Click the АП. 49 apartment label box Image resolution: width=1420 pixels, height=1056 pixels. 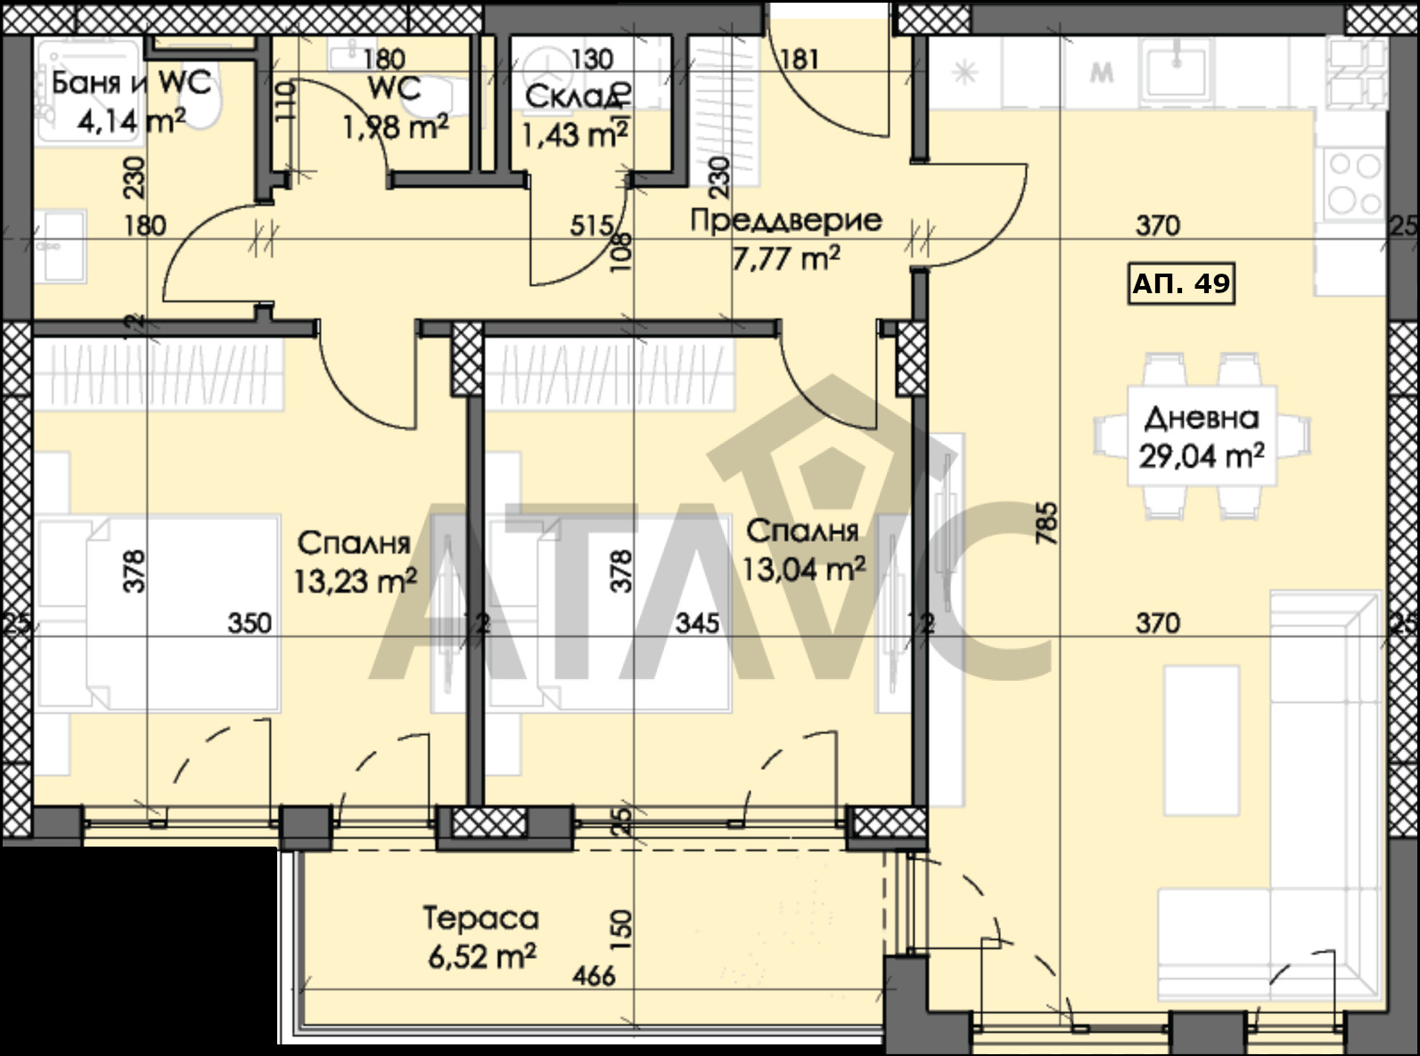pyautogui.click(x=1181, y=283)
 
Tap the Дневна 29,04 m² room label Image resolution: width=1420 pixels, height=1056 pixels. pyautogui.click(x=1201, y=438)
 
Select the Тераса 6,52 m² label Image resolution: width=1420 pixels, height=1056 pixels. pyautogui.click(x=480, y=937)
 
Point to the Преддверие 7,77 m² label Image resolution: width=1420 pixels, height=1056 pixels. pyautogui.click(x=785, y=240)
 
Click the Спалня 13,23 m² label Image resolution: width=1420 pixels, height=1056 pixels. pyautogui.click(x=355, y=562)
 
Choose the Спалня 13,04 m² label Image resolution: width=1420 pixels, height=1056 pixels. pyautogui.click(x=803, y=550)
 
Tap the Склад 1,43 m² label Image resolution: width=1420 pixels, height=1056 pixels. pyautogui.click(x=574, y=116)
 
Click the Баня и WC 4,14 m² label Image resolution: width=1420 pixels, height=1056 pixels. pyautogui.click(x=131, y=102)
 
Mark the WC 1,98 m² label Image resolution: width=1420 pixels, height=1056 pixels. pyautogui.click(x=394, y=108)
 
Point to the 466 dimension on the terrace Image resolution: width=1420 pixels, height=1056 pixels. pyautogui.click(x=595, y=976)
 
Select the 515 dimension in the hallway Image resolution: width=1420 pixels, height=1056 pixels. pyautogui.click(x=592, y=225)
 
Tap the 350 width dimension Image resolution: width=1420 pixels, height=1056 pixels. pyautogui.click(x=250, y=623)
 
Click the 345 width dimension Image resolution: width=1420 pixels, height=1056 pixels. pyautogui.click(x=698, y=623)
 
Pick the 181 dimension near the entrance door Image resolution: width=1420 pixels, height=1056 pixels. pyautogui.click(x=800, y=60)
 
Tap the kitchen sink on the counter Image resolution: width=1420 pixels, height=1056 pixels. pyautogui.click(x=1177, y=70)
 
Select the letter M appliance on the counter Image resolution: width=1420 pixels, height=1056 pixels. pyautogui.click(x=1101, y=73)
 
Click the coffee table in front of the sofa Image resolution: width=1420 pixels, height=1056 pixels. pyautogui.click(x=1201, y=741)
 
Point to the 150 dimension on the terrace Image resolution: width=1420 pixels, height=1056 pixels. pyautogui.click(x=621, y=929)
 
